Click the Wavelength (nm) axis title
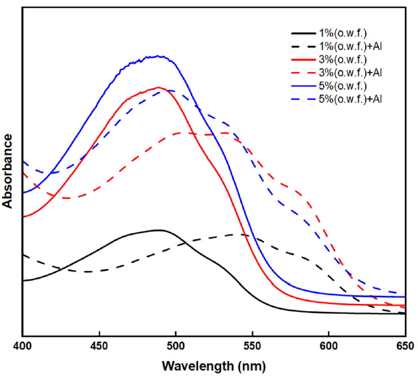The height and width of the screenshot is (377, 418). (214, 366)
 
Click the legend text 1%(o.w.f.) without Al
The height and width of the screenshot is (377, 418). (343, 33)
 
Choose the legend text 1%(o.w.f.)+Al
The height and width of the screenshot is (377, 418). (349, 46)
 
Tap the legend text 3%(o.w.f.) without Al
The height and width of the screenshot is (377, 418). (343, 59)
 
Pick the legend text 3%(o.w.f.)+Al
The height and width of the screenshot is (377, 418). (349, 72)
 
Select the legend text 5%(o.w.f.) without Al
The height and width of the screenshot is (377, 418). (343, 85)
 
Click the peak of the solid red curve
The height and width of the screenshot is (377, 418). (159, 87)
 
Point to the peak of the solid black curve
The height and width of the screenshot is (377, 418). (160, 230)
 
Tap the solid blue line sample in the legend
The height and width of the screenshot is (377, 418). (303, 85)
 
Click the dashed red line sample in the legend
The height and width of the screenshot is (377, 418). (303, 72)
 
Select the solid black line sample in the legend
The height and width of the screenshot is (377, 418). (303, 33)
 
